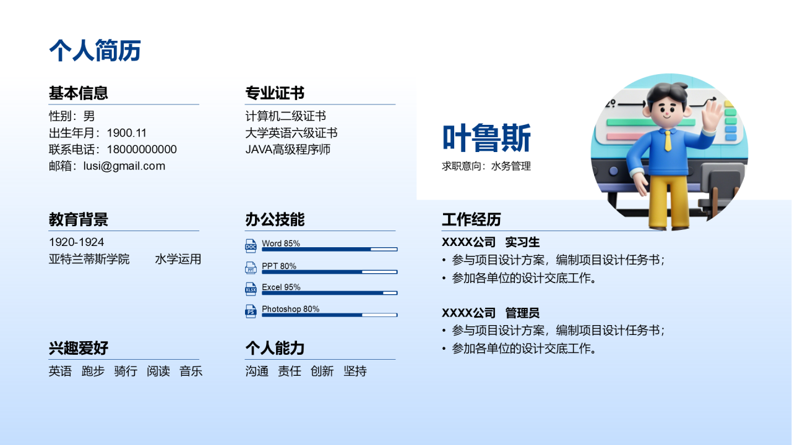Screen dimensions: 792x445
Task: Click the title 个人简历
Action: pyautogui.click(x=95, y=51)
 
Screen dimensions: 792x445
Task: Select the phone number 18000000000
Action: pyautogui.click(x=142, y=150)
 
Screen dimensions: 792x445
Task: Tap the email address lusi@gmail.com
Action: pyautogui.click(x=124, y=166)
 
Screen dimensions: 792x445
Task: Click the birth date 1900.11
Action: pyautogui.click(x=127, y=133)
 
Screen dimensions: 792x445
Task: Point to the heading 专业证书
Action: pyautogui.click(x=275, y=93)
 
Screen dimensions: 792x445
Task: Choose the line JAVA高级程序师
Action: pyautogui.click(x=288, y=150)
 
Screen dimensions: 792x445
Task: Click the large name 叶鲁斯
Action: pyautogui.click(x=486, y=138)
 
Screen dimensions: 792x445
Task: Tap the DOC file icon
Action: pyautogui.click(x=251, y=246)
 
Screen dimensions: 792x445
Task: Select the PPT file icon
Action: pyautogui.click(x=251, y=268)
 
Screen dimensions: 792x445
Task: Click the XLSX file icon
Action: pyautogui.click(x=251, y=289)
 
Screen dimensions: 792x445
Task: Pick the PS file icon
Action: pyautogui.click(x=251, y=311)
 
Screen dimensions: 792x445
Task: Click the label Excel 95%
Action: pyautogui.click(x=281, y=287)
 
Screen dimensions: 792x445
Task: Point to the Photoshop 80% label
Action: pyautogui.click(x=291, y=309)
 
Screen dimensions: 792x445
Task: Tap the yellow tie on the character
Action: pyautogui.click(x=668, y=140)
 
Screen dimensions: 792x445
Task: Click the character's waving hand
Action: pyautogui.click(x=712, y=114)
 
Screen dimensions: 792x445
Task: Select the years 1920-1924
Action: pyautogui.click(x=76, y=242)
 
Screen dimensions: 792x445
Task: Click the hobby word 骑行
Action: pyautogui.click(x=126, y=371)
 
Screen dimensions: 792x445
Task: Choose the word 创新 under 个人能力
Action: pyautogui.click(x=322, y=371)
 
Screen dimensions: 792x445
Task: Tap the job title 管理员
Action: pyautogui.click(x=522, y=313)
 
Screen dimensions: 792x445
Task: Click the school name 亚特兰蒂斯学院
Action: pyautogui.click(x=89, y=259)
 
